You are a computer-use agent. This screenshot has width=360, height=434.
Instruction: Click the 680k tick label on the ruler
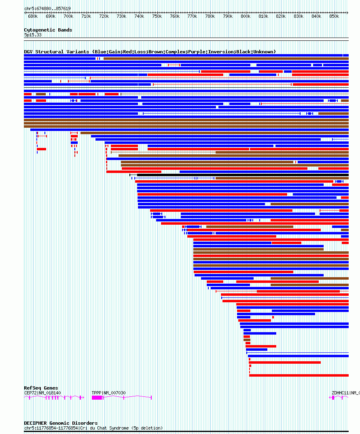click(33, 16)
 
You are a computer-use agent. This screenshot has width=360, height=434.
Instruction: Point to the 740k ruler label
click(139, 16)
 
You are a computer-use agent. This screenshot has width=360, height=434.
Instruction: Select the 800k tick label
click(246, 16)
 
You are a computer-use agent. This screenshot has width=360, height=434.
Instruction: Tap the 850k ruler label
click(334, 16)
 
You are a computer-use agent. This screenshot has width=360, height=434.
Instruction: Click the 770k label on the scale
click(192, 16)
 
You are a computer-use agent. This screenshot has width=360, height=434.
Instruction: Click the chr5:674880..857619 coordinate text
click(47, 8)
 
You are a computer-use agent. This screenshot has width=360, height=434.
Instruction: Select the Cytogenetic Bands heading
click(48, 30)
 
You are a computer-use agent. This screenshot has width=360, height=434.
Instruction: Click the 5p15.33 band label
click(33, 35)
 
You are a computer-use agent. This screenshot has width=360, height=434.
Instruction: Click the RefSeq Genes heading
click(41, 388)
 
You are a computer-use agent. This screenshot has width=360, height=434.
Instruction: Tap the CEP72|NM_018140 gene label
click(42, 393)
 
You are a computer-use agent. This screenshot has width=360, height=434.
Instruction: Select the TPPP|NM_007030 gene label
click(108, 393)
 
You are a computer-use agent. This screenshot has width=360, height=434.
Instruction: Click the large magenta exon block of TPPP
click(97, 398)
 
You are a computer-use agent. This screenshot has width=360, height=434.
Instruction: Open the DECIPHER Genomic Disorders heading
click(61, 423)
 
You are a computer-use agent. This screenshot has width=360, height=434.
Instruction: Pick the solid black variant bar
click(243, 175)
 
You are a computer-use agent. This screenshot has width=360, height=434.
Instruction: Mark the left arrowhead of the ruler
click(25, 13)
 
